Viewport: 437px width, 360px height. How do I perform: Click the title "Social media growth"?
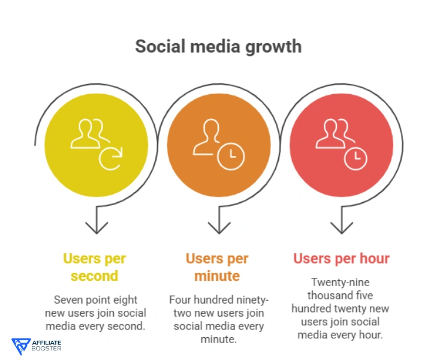[218, 46]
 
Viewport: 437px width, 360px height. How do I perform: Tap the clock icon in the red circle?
[355, 157]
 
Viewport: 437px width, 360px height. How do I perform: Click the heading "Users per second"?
[95, 267]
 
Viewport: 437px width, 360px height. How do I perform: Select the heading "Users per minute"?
[217, 267]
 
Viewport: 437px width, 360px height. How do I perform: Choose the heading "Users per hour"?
[341, 259]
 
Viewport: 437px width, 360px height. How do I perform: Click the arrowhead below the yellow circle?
[96, 227]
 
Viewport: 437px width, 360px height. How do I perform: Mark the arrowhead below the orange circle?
[218, 227]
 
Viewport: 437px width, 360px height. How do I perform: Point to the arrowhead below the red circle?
[341, 227]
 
